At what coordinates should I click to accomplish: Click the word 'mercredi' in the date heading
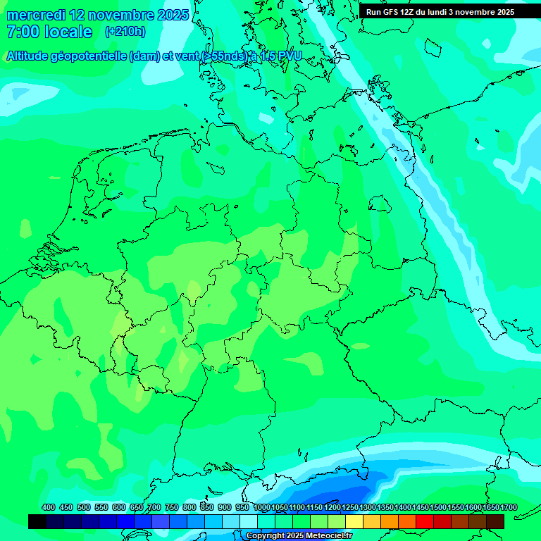[36, 15]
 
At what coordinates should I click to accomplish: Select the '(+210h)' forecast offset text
[125, 32]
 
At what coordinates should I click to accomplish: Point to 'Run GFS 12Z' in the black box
[390, 12]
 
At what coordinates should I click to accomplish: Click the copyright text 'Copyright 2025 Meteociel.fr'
[299, 536]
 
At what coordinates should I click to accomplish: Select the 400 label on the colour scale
[49, 508]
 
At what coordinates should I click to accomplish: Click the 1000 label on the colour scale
[261, 508]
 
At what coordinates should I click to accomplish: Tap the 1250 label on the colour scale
[350, 508]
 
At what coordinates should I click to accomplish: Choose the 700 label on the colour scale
[154, 508]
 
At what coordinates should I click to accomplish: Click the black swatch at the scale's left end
[37, 521]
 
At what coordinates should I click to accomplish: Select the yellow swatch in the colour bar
[354, 521]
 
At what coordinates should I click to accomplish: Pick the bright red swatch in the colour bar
[425, 521]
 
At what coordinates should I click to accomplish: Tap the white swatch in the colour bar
[249, 521]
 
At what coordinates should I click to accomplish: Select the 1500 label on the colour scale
[438, 508]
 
